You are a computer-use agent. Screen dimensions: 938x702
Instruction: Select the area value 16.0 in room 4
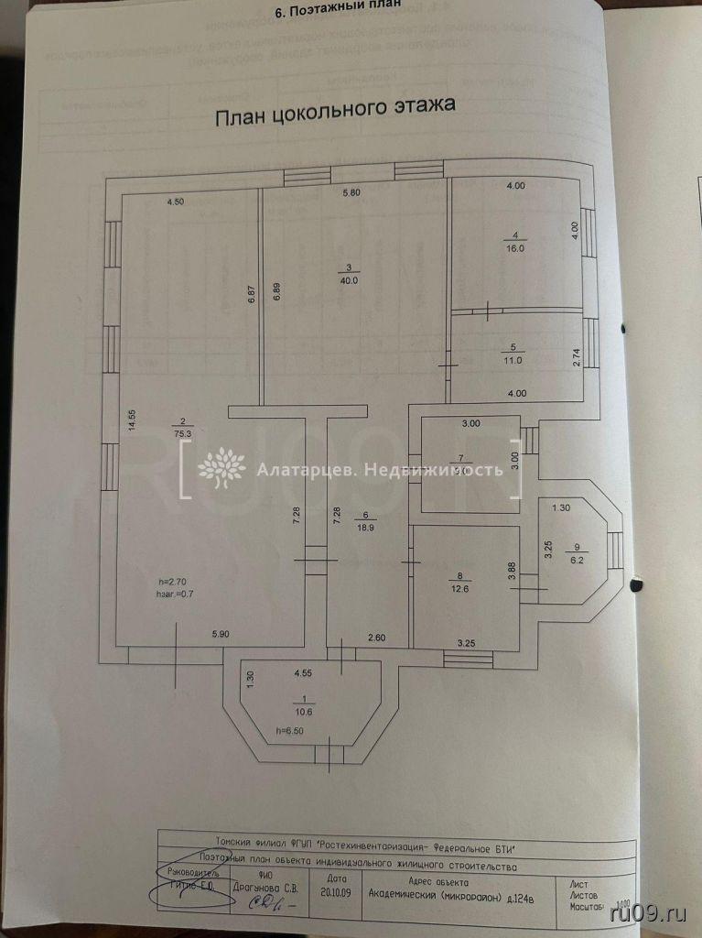(x=516, y=248)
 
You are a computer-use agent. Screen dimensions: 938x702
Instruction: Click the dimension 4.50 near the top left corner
(x=175, y=202)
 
